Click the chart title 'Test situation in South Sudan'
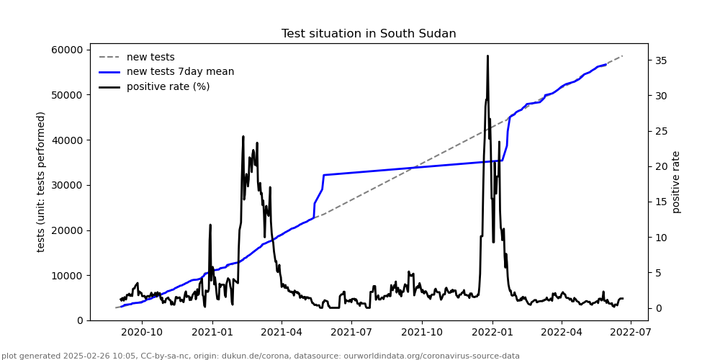click(369, 34)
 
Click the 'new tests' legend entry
click(150, 57)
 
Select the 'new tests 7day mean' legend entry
click(180, 72)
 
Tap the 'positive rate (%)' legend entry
click(168, 86)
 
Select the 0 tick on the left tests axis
click(81, 320)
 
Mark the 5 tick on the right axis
click(657, 273)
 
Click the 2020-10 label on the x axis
click(141, 332)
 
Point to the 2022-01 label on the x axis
click(492, 332)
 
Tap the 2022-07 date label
click(631, 332)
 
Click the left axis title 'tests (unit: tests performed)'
click(42, 181)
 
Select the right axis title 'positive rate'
click(676, 181)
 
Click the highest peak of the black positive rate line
click(487, 55)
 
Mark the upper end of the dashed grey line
click(622, 55)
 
